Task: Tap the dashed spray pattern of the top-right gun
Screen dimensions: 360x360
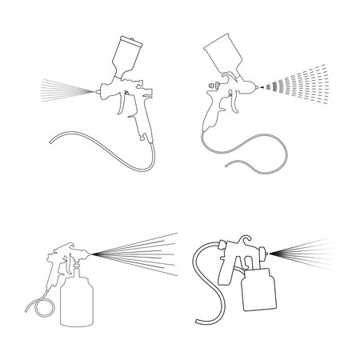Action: [x=296, y=90]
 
